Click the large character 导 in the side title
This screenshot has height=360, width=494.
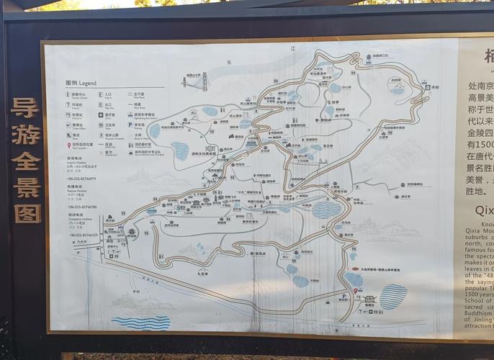tap(26, 109)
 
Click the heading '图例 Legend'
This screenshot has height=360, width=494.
tap(80, 83)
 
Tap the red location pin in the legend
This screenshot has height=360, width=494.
tap(68, 144)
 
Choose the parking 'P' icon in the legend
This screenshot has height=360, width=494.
tap(130, 124)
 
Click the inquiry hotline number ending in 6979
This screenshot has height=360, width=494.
tap(82, 179)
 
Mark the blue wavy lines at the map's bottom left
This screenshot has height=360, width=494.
tap(140, 322)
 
